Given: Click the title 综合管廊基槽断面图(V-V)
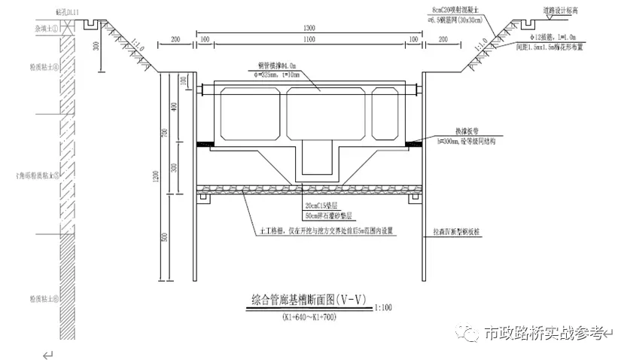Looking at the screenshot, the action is click(x=308, y=299).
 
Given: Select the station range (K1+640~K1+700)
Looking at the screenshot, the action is click(x=309, y=317).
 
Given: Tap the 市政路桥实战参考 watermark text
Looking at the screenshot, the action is click(x=544, y=332).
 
